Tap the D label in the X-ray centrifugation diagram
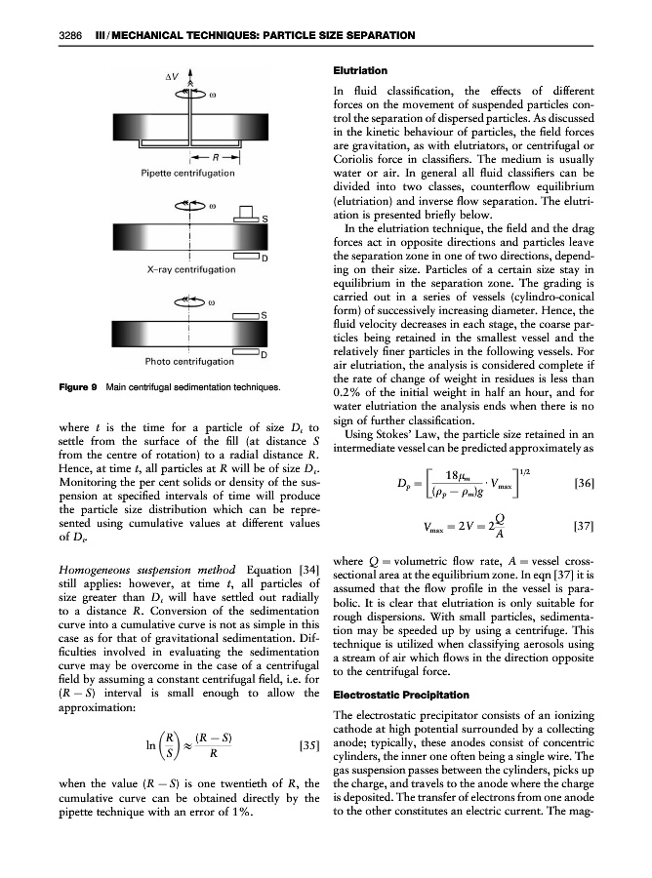point(265,258)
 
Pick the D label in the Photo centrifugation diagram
point(264,353)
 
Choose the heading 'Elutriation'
point(361,71)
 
